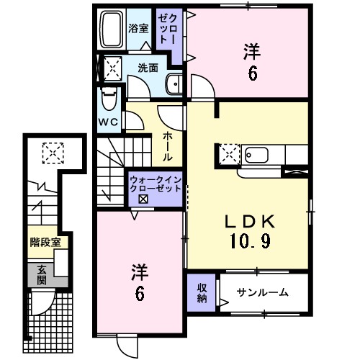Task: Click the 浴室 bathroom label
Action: tap(138, 28)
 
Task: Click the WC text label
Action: tap(108, 121)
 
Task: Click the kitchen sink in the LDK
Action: tap(256, 153)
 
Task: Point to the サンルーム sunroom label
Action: tap(264, 292)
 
